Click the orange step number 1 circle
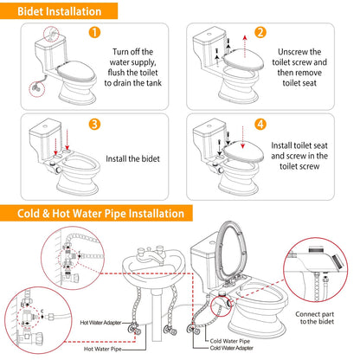[94, 32]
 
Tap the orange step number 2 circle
[260, 32]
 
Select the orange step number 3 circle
[94, 125]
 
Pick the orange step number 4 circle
[260, 125]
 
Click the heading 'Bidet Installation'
[60, 11]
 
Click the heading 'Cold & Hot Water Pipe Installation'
[100, 214]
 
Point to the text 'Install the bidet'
[132, 158]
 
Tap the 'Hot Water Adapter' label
[100, 323]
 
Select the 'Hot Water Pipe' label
[103, 349]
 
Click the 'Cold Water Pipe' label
[230, 341]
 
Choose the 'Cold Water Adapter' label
[232, 348]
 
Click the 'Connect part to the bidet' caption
[315, 318]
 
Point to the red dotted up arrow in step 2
[245, 46]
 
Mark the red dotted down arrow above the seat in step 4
[243, 138]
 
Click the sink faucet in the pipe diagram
[151, 254]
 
